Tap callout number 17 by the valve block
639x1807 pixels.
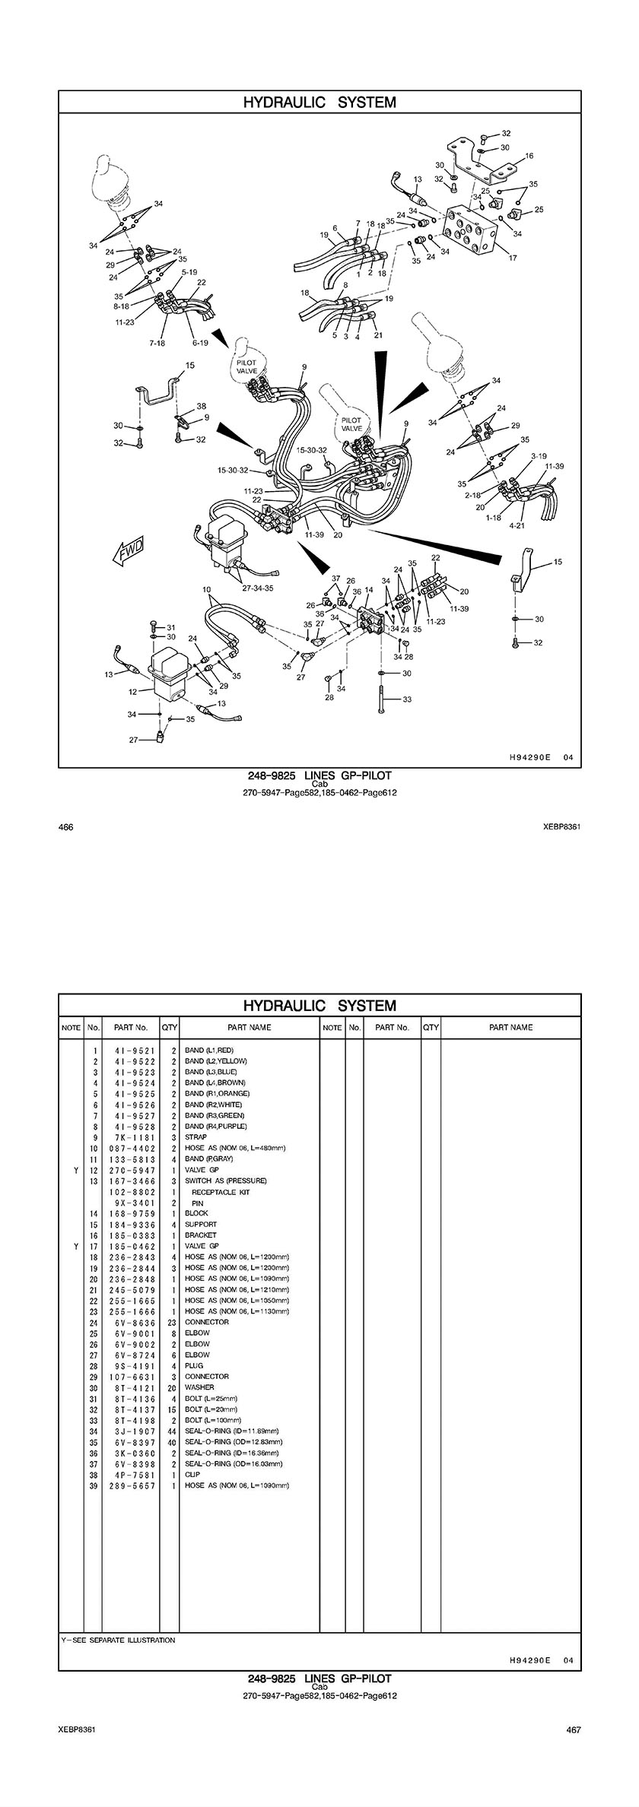tap(513, 258)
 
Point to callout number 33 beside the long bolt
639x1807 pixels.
tap(407, 699)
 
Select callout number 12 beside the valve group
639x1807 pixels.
tap(132, 692)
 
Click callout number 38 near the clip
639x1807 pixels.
tap(201, 407)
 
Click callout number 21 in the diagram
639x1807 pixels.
tap(378, 335)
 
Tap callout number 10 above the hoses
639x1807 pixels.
tap(206, 590)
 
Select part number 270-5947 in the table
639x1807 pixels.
tap(132, 1171)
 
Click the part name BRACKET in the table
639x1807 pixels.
tap(201, 1236)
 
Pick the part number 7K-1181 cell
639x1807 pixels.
tap(132, 1138)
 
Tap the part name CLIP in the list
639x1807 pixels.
tap(192, 1475)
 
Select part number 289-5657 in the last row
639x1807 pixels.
tap(132, 1485)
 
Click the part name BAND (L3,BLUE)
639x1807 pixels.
tap(211, 1073)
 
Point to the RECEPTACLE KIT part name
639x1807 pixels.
tap(221, 1193)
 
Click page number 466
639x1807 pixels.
tap(65, 827)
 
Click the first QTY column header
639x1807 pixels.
tap(170, 1028)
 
